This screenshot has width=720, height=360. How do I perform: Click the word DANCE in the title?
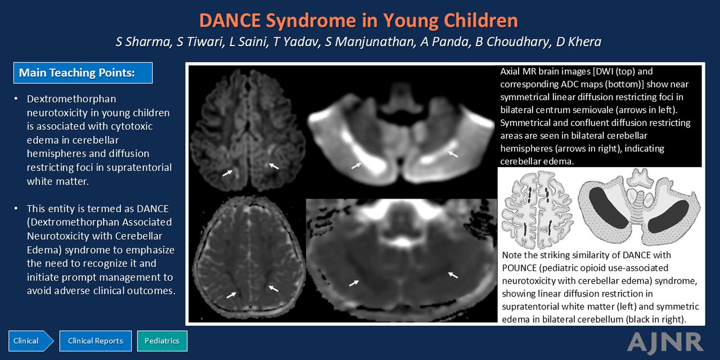pyautogui.click(x=230, y=20)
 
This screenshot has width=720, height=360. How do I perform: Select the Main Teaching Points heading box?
pyautogui.click(x=83, y=73)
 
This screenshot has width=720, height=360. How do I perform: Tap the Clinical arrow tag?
pyautogui.click(x=31, y=341)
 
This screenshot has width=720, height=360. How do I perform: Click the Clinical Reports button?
pyautogui.click(x=96, y=341)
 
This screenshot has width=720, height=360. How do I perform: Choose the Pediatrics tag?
pyautogui.click(x=162, y=341)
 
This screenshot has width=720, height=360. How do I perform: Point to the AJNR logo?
pyautogui.click(x=665, y=343)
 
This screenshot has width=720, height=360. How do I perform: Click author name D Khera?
pyautogui.click(x=579, y=42)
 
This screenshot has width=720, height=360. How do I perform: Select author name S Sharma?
pyautogui.click(x=143, y=42)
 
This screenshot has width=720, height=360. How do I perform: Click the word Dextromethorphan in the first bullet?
pyautogui.click(x=71, y=99)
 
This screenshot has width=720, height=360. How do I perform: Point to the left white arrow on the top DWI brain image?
pyautogui.click(x=228, y=173)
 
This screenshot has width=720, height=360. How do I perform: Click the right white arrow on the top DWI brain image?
pyautogui.click(x=274, y=166)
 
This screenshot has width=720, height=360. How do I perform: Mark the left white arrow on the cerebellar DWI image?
pyautogui.click(x=356, y=166)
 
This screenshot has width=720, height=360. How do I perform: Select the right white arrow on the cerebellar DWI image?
pyautogui.click(x=453, y=154)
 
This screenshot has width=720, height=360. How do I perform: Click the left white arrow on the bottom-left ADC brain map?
pyautogui.click(x=231, y=295)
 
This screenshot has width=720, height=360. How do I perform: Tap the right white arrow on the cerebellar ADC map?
pyautogui.click(x=453, y=275)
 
